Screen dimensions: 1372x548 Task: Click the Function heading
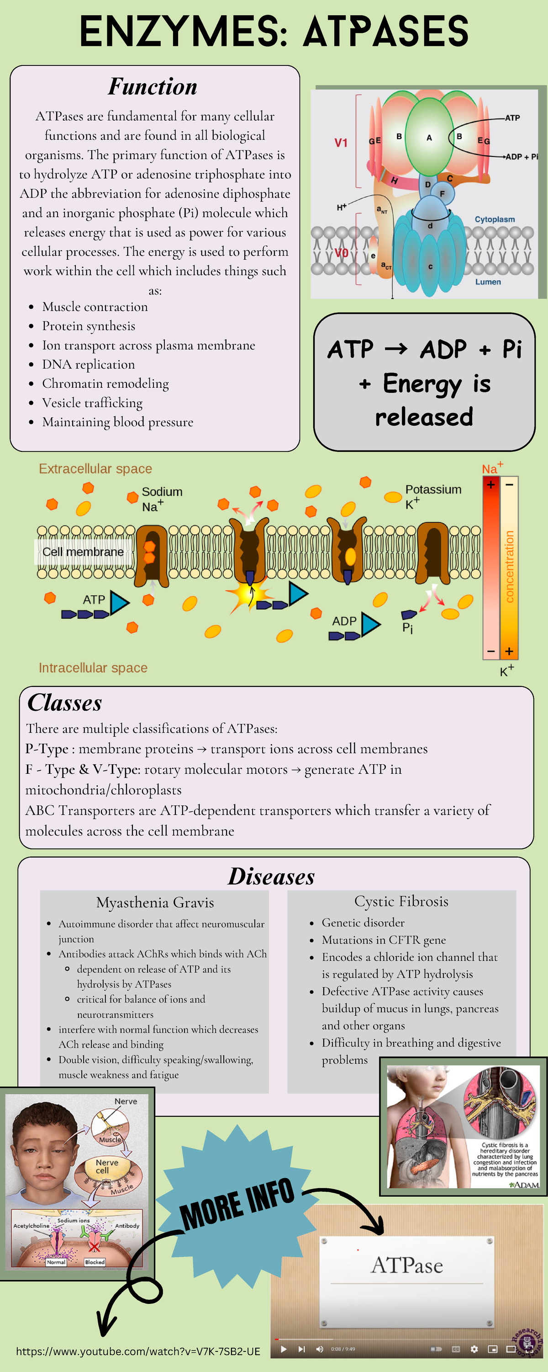153,87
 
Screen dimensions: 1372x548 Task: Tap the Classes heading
64,703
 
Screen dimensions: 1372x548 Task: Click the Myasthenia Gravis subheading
155,902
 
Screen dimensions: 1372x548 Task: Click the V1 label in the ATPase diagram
341,143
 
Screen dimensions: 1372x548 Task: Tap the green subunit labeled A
429,137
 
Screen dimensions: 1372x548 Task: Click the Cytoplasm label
494,220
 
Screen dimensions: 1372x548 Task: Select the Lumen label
488,282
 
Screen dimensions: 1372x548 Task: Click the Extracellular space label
95,469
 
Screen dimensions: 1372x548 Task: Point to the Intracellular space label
93,668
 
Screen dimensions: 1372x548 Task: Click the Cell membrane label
83,552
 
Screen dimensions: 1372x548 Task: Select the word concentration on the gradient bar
509,567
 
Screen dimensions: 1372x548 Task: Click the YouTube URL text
138,1351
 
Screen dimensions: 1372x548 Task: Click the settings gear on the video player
474,1349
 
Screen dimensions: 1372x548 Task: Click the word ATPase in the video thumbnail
407,1265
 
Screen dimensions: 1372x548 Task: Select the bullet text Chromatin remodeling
105,384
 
